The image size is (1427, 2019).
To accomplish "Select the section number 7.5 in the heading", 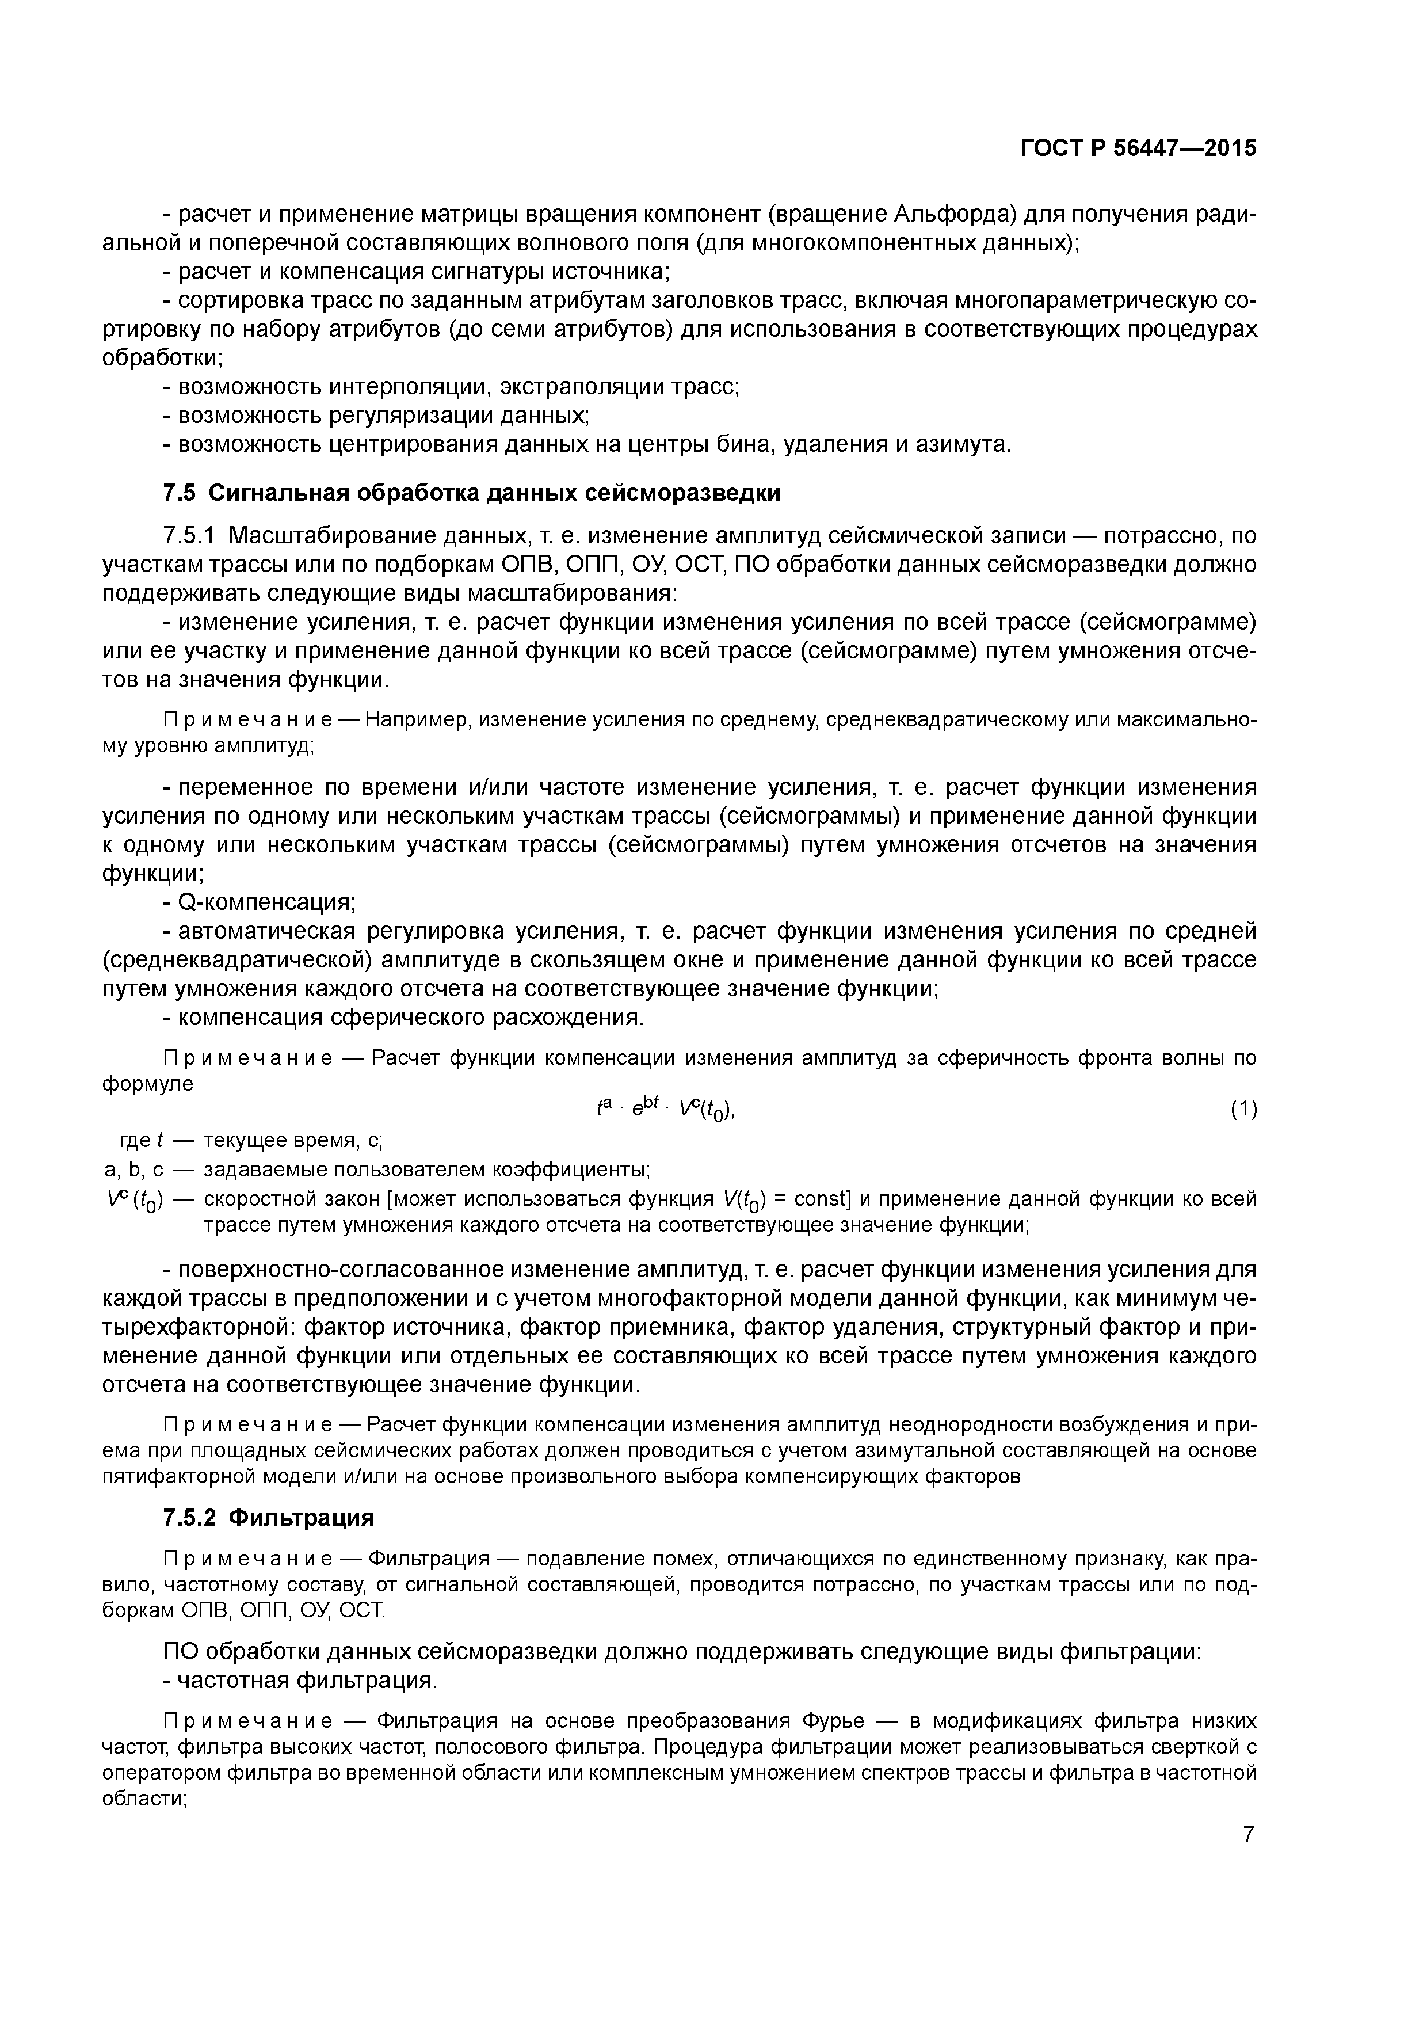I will pyautogui.click(x=178, y=493).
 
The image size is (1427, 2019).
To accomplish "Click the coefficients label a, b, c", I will pyautogui.click(x=135, y=1171).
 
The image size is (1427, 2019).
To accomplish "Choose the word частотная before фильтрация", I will pyautogui.click(x=233, y=1681).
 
